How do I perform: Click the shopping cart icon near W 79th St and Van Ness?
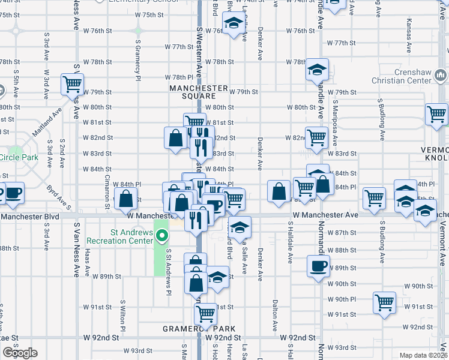[x=72, y=83]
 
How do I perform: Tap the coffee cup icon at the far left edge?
[x=12, y=193]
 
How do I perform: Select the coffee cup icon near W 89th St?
[x=318, y=265]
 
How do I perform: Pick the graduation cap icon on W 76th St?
[x=233, y=23]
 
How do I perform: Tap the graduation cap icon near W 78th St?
[x=318, y=70]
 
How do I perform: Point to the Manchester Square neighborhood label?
[x=200, y=92]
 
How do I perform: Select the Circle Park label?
[x=19, y=158]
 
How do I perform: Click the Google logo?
[x=19, y=353]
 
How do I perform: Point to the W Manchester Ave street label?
[x=325, y=214]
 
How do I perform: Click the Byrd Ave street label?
[x=57, y=196]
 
